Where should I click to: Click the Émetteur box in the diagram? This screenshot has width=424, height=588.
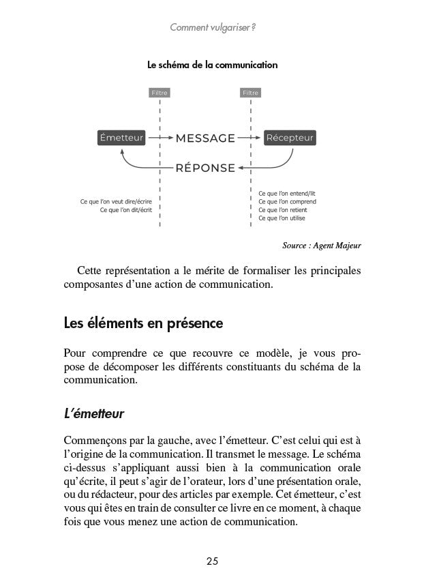[x=122, y=138]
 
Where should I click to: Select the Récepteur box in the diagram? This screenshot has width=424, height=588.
[x=290, y=138]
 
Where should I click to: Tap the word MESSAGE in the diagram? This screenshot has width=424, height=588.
[x=205, y=138]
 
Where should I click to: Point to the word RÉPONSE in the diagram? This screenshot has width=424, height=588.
[x=205, y=168]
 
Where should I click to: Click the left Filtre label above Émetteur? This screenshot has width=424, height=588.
[x=159, y=92]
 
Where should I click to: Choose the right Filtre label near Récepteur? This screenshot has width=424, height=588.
[x=251, y=92]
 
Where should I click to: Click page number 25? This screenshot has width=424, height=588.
[x=212, y=561]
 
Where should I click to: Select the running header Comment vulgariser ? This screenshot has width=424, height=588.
[x=212, y=28]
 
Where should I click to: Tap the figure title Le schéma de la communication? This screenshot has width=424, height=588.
[x=212, y=65]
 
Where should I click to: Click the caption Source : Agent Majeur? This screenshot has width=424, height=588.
[x=321, y=244]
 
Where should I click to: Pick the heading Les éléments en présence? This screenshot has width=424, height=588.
[x=142, y=321]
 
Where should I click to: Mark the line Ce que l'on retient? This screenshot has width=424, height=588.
[x=282, y=210]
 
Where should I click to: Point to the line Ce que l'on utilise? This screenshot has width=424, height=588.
[x=282, y=218]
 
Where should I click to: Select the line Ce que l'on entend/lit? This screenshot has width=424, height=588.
[x=286, y=193]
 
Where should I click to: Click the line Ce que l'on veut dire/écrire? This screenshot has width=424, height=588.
[x=116, y=201]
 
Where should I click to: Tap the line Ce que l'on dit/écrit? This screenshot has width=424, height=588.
[x=125, y=210]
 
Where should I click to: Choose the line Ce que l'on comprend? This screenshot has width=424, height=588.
[x=287, y=201]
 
